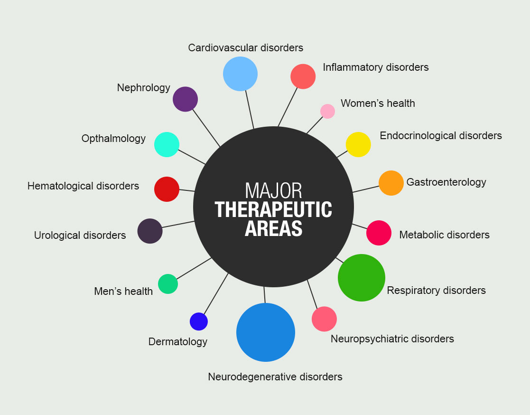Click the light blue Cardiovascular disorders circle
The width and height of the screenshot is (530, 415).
point(240,74)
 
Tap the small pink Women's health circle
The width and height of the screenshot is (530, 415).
point(327,111)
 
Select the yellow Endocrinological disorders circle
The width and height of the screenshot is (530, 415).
point(358,144)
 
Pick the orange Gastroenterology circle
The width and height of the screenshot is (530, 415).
point(391,183)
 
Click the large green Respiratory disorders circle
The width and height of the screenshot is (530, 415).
point(362,278)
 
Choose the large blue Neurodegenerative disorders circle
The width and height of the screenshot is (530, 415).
point(266,332)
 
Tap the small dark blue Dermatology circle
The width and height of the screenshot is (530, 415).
point(199,321)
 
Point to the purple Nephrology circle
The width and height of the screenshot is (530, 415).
point(185,99)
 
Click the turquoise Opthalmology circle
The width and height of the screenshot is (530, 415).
point(167,144)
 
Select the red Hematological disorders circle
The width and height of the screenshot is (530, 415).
point(167,189)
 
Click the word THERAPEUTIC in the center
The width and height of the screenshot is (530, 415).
point(273,210)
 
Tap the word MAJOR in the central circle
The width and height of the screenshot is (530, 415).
point(273,190)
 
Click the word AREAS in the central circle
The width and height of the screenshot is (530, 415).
point(273,229)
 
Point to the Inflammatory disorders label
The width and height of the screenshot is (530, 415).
point(376,67)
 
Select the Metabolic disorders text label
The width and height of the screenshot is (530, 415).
point(444,235)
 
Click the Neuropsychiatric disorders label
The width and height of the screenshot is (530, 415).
point(392,339)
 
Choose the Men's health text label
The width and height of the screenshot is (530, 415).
point(123,291)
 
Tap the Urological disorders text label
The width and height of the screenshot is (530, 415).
point(80,235)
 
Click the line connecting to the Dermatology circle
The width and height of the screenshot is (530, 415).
point(216,294)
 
